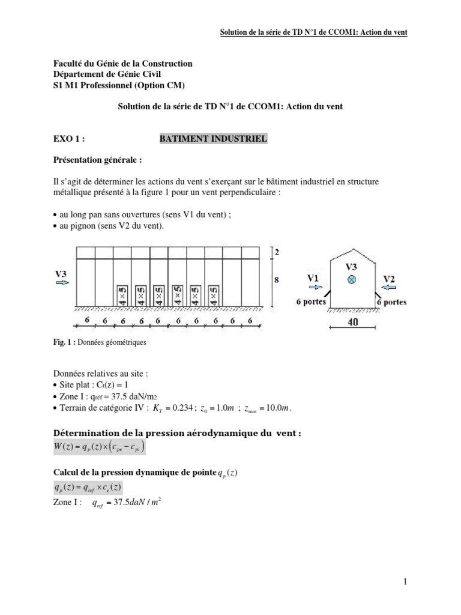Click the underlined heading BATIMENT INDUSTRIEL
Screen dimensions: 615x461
(x=213, y=139)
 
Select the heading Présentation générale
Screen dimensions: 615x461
(x=98, y=161)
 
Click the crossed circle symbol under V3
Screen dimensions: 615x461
(x=353, y=280)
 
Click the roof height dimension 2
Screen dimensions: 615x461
(x=277, y=252)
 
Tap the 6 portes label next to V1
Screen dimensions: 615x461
(x=311, y=302)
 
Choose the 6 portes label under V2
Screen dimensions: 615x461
(x=391, y=302)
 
